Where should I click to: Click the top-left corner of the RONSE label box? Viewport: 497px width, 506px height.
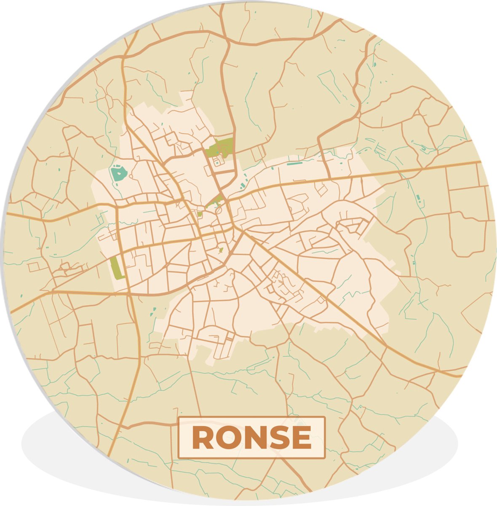click(x=179, y=417)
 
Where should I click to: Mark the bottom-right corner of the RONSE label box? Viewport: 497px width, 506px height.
click(x=325, y=458)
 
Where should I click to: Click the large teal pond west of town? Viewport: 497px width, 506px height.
click(x=118, y=174)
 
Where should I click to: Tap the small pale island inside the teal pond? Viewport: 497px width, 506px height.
click(x=118, y=172)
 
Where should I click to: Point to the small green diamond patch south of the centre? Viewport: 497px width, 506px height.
click(x=221, y=251)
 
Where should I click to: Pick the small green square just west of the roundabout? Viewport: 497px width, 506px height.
click(x=200, y=214)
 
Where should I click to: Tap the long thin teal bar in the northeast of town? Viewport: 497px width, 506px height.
click(x=294, y=162)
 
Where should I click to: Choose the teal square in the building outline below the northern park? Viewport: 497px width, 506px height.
click(x=217, y=161)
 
